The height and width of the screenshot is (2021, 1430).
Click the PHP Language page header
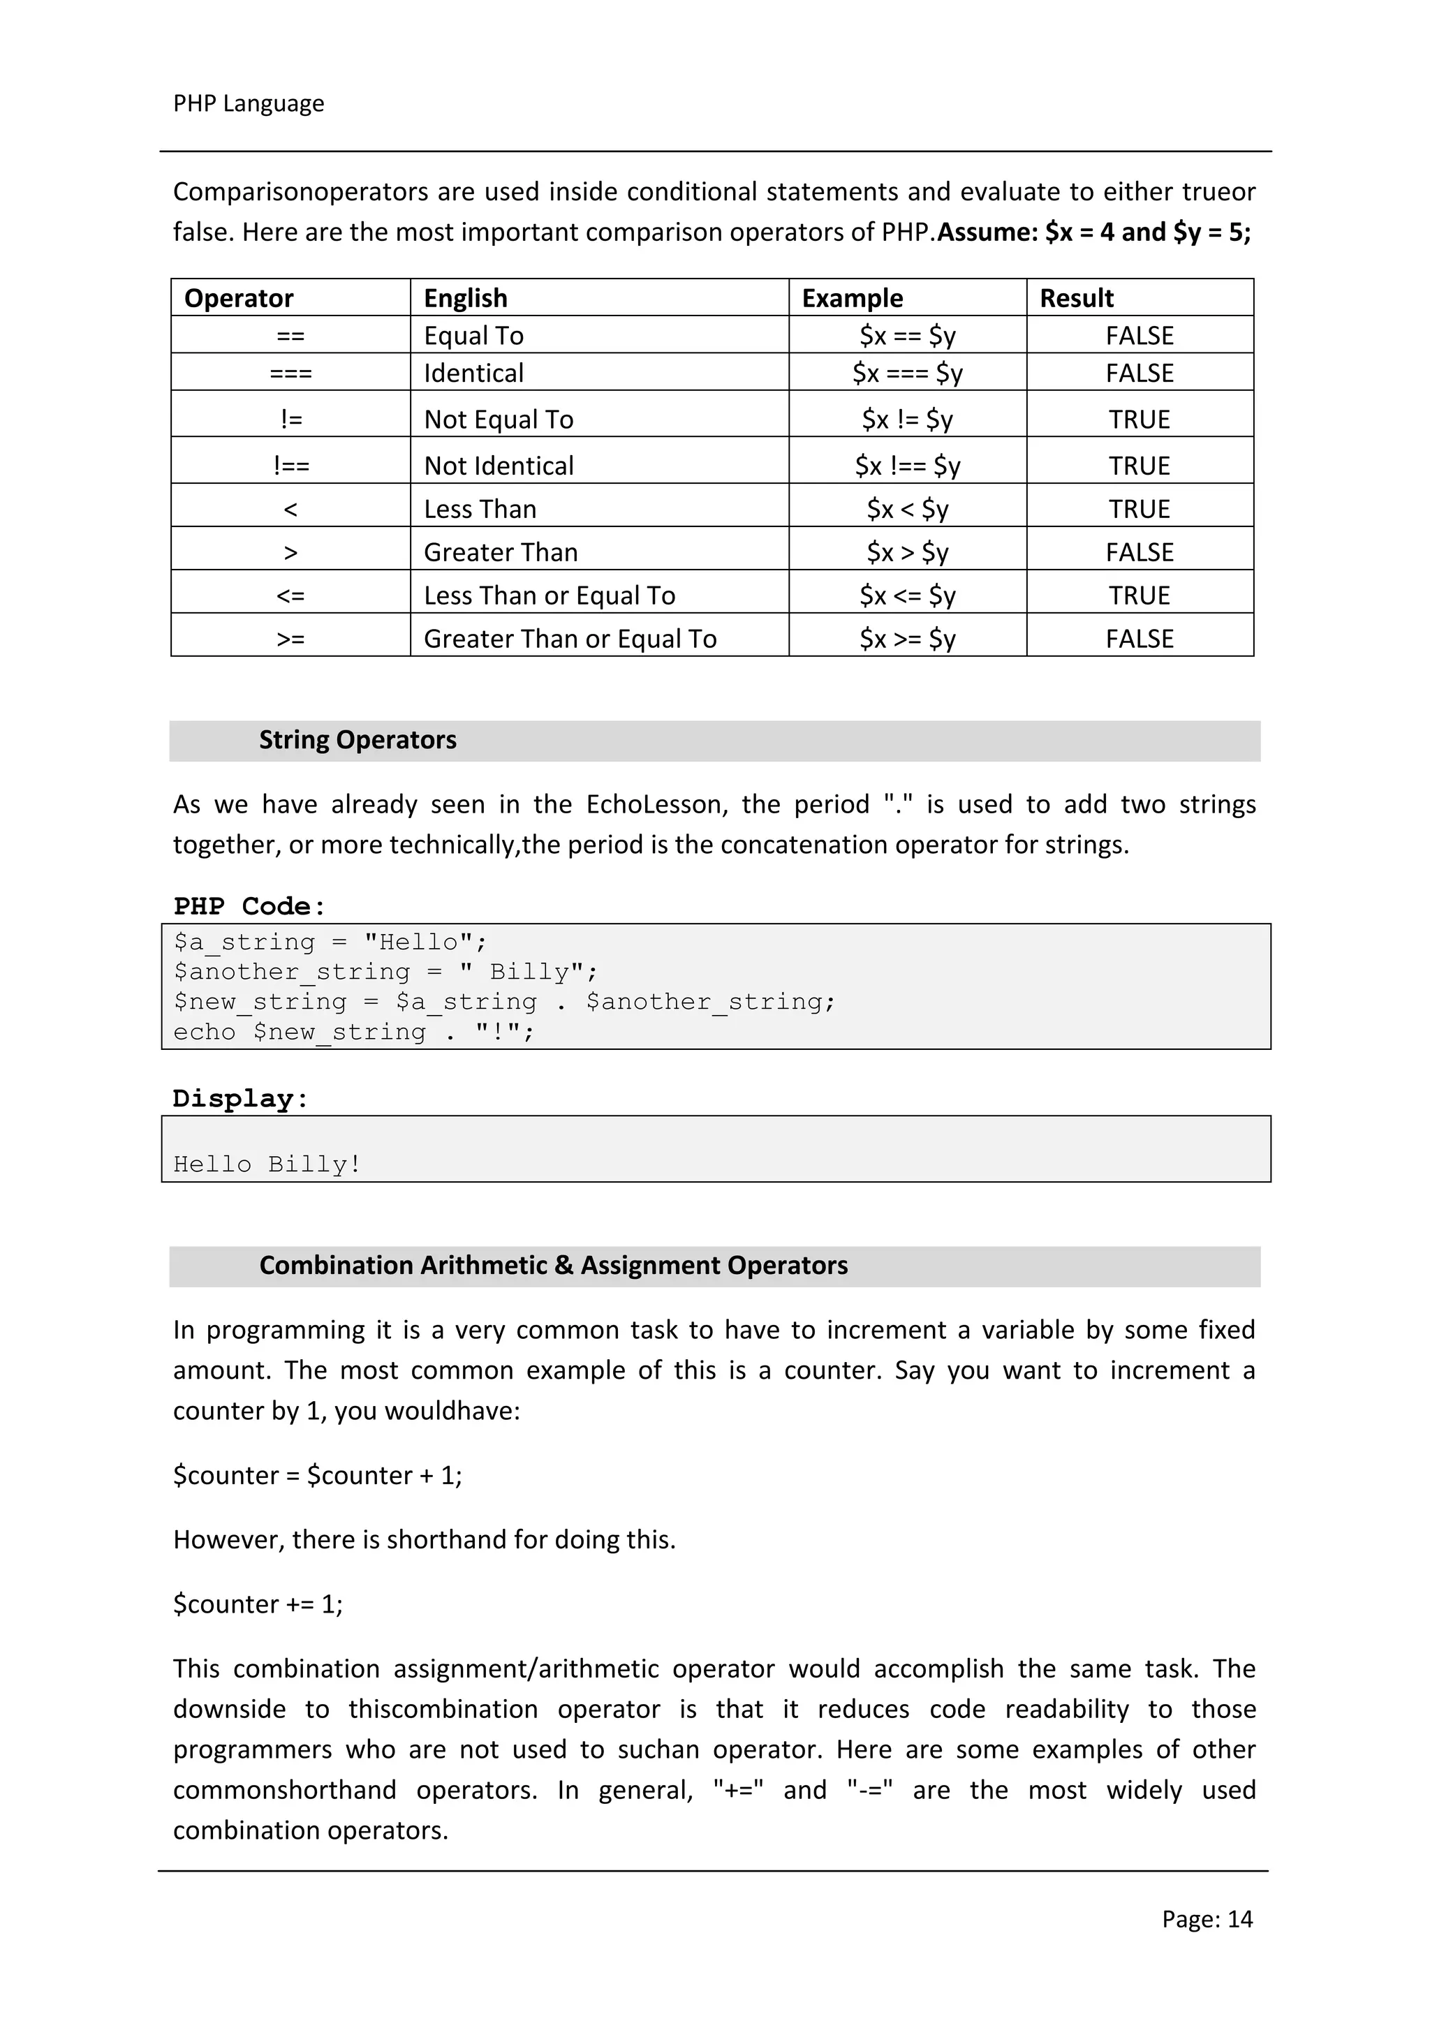click(249, 104)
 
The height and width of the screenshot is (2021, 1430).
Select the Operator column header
click(239, 298)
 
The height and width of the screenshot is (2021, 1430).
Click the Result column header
click(1076, 298)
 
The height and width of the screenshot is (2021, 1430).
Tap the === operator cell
click(290, 373)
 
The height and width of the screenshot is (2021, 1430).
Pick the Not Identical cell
click(499, 466)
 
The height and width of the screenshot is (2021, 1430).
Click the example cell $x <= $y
click(907, 596)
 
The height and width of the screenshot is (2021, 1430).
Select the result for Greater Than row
click(1140, 553)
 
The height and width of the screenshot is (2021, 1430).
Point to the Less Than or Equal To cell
click(550, 596)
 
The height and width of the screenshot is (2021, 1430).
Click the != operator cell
click(290, 420)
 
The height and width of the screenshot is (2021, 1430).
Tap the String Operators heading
click(357, 740)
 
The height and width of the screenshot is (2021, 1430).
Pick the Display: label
click(240, 1099)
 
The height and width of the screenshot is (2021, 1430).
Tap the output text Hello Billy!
click(267, 1164)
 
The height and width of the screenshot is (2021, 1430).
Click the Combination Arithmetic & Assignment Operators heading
click(553, 1266)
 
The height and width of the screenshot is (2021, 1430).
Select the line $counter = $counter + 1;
click(317, 1475)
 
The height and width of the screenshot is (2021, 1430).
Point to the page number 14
click(1240, 1919)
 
